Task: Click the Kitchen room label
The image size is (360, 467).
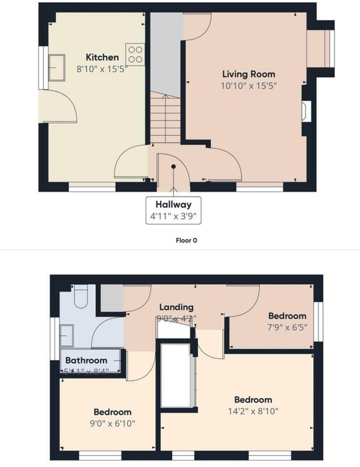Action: tap(102, 57)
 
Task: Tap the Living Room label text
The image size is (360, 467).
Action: tap(248, 74)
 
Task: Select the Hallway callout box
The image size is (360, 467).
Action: tap(174, 210)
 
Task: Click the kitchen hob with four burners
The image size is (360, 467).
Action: tap(135, 54)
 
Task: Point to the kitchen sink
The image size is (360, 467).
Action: tap(57, 67)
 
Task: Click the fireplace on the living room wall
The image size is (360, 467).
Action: tap(305, 110)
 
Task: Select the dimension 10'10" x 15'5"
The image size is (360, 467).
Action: tap(248, 86)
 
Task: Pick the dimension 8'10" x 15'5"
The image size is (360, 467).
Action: tap(102, 69)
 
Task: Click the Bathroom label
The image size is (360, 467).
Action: tap(86, 360)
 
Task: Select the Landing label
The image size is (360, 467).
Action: tap(176, 307)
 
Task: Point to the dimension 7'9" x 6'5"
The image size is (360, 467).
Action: tap(287, 327)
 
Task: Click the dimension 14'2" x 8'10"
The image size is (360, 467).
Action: tap(253, 411)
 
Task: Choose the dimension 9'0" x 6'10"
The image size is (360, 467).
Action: tap(112, 423)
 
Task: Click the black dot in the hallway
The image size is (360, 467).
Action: tap(174, 166)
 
